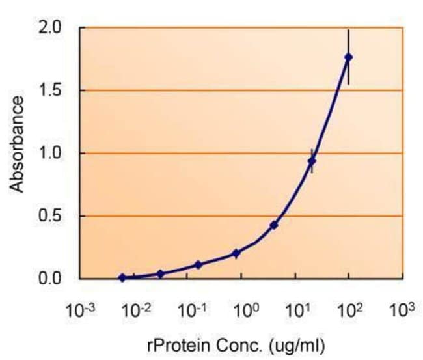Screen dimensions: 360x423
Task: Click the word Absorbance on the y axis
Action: tap(18, 144)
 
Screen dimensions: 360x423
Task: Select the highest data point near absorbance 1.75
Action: tap(349, 57)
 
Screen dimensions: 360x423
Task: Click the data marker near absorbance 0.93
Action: tap(312, 161)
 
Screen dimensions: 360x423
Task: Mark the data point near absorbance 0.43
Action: tap(274, 225)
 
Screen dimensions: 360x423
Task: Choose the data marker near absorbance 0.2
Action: tap(236, 253)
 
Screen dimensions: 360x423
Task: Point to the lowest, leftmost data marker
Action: tap(122, 277)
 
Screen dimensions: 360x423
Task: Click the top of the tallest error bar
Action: tap(349, 29)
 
